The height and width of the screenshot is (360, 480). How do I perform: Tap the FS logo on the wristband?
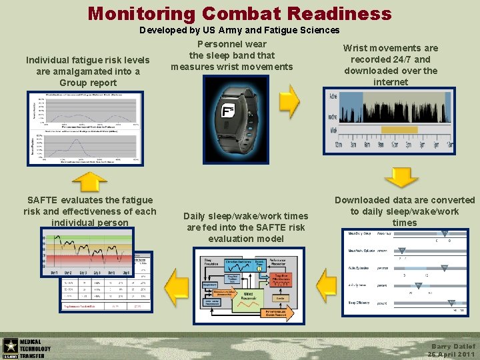(x=228, y=112)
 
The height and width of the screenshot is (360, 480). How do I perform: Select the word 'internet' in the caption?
(x=391, y=82)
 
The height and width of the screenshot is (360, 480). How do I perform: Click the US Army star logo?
(x=10, y=345)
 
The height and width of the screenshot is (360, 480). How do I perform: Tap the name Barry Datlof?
(x=453, y=346)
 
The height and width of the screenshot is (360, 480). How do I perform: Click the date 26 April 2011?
(x=451, y=355)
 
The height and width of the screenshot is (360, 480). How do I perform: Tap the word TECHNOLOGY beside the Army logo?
(x=35, y=349)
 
